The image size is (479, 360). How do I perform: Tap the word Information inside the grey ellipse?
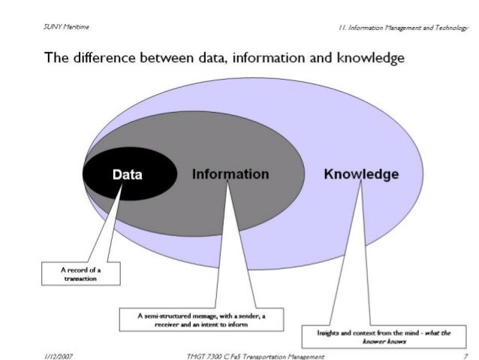(x=230, y=174)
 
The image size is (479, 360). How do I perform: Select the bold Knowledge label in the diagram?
(x=361, y=174)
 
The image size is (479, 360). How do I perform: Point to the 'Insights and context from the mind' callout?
(x=378, y=335)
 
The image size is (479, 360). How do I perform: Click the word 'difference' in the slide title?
(x=104, y=58)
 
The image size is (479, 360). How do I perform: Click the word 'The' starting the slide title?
(x=57, y=58)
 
